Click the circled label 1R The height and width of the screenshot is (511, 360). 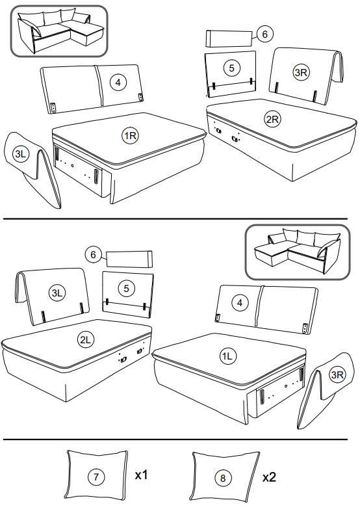click(131, 135)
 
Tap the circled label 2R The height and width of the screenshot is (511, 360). click(272, 120)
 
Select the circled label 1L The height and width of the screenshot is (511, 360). click(227, 356)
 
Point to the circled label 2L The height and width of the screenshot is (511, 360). click(86, 340)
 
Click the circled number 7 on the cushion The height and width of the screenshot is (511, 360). click(96, 477)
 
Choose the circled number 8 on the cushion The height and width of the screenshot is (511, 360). click(223, 478)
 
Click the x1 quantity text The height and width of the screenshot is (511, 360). click(142, 475)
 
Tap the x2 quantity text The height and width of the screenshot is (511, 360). click(270, 477)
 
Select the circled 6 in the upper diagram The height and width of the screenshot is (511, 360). click(265, 34)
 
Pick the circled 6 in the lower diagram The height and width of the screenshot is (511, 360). click(94, 254)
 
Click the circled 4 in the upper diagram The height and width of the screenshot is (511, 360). click(118, 82)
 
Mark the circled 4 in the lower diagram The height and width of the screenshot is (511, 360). click(240, 303)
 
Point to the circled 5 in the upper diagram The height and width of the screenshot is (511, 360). click(231, 68)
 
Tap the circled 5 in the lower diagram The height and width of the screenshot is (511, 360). click(127, 288)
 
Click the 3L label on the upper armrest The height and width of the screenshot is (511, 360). click(21, 154)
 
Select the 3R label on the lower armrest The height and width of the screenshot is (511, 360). click(337, 374)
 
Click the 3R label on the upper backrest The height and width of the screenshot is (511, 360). click(301, 72)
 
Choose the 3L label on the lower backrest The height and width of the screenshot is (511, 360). click(57, 293)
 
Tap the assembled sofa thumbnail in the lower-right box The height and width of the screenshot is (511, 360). click(297, 251)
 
